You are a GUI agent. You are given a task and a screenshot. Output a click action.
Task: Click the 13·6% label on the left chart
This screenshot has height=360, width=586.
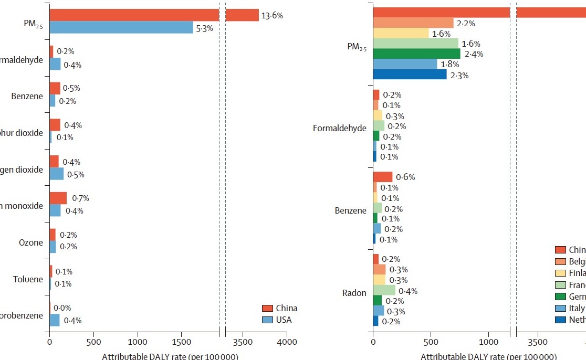(x=273, y=16)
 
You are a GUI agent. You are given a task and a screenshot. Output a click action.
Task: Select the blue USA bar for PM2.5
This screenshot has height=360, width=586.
(x=121, y=28)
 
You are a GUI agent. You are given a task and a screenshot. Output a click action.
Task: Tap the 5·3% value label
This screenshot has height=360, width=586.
(x=204, y=28)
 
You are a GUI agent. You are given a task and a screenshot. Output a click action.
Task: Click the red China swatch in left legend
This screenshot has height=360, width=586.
(x=267, y=309)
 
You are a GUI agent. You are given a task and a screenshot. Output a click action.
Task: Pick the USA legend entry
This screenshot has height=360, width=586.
(x=284, y=320)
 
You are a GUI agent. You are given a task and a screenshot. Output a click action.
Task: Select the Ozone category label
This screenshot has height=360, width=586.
(x=31, y=242)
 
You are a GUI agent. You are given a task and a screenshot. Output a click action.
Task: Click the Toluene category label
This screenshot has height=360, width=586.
(x=28, y=279)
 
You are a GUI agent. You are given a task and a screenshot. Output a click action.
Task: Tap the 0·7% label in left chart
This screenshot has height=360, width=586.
(x=81, y=198)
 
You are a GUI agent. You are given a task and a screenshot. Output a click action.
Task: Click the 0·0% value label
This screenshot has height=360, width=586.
(x=62, y=308)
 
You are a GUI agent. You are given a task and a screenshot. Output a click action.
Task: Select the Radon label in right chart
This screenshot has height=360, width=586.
(x=354, y=293)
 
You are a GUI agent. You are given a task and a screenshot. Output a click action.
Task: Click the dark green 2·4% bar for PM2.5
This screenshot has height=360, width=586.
(x=416, y=54)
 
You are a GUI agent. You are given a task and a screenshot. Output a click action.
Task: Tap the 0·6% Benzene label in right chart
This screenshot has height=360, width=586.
(x=405, y=177)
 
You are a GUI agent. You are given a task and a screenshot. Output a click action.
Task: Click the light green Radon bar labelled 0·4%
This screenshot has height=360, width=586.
(x=384, y=290)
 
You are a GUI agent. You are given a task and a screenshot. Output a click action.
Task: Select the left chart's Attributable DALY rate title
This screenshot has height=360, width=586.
(x=170, y=356)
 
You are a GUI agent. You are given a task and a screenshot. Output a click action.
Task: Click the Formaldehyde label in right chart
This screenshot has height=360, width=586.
(x=339, y=128)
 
